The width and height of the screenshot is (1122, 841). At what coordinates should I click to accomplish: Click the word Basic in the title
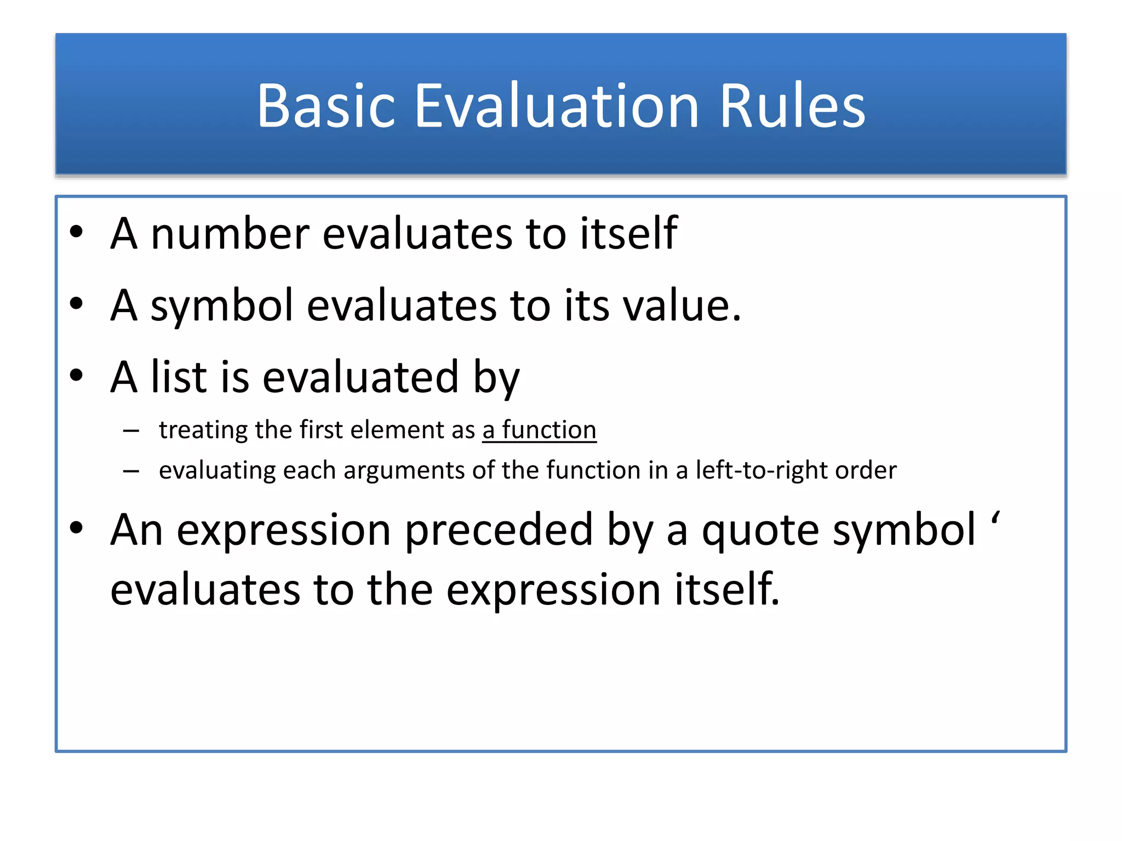pos(326,106)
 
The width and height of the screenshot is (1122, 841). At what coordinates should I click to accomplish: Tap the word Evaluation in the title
pos(557,106)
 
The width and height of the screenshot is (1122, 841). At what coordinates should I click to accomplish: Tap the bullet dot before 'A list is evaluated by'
pos(76,376)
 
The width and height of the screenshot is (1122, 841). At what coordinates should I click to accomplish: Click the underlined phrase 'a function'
pos(539,430)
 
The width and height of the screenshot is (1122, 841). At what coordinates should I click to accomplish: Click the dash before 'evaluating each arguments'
pos(131,470)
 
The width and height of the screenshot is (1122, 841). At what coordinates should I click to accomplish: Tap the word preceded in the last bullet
pos(499,530)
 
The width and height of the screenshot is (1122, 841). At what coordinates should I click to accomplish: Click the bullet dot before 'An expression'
pos(76,528)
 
